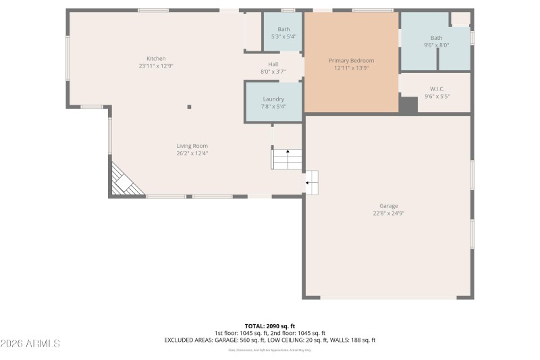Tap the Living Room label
click(192, 146)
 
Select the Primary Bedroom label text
click(351, 61)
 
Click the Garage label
click(388, 206)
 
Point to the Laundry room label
click(273, 99)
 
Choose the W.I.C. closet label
click(437, 89)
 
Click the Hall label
click(273, 64)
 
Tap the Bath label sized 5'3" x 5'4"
click(283, 29)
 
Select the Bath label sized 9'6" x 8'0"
click(437, 38)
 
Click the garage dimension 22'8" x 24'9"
click(388, 213)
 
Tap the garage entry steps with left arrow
click(312, 182)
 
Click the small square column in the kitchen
click(189, 107)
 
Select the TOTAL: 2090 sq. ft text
click(269, 326)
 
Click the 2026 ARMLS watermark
click(31, 343)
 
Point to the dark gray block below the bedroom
click(408, 105)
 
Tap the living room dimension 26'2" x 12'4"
click(192, 153)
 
